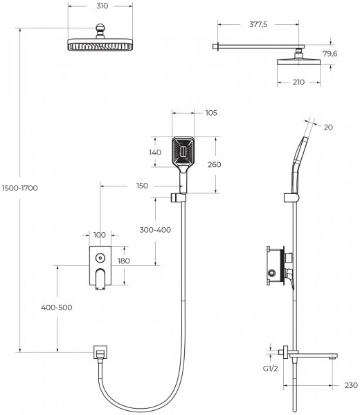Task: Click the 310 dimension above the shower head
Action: point(102,6)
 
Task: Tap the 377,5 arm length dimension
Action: point(258,25)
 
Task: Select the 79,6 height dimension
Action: point(330,54)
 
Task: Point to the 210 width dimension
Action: point(298,82)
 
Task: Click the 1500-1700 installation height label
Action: point(20,188)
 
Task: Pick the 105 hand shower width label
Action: point(211,113)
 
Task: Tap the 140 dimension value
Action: point(155,152)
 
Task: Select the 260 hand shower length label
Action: point(214,165)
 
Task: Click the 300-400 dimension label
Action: point(155,230)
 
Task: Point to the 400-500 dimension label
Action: point(57,308)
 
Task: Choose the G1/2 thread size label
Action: point(270,369)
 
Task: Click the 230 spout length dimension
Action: point(351,385)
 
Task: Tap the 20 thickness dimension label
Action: point(328,127)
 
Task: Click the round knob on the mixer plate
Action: point(100,258)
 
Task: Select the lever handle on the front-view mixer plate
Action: point(100,279)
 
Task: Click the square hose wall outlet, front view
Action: point(100,352)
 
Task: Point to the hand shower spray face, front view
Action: point(183,152)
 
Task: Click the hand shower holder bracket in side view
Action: point(291,198)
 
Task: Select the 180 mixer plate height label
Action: point(124,261)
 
